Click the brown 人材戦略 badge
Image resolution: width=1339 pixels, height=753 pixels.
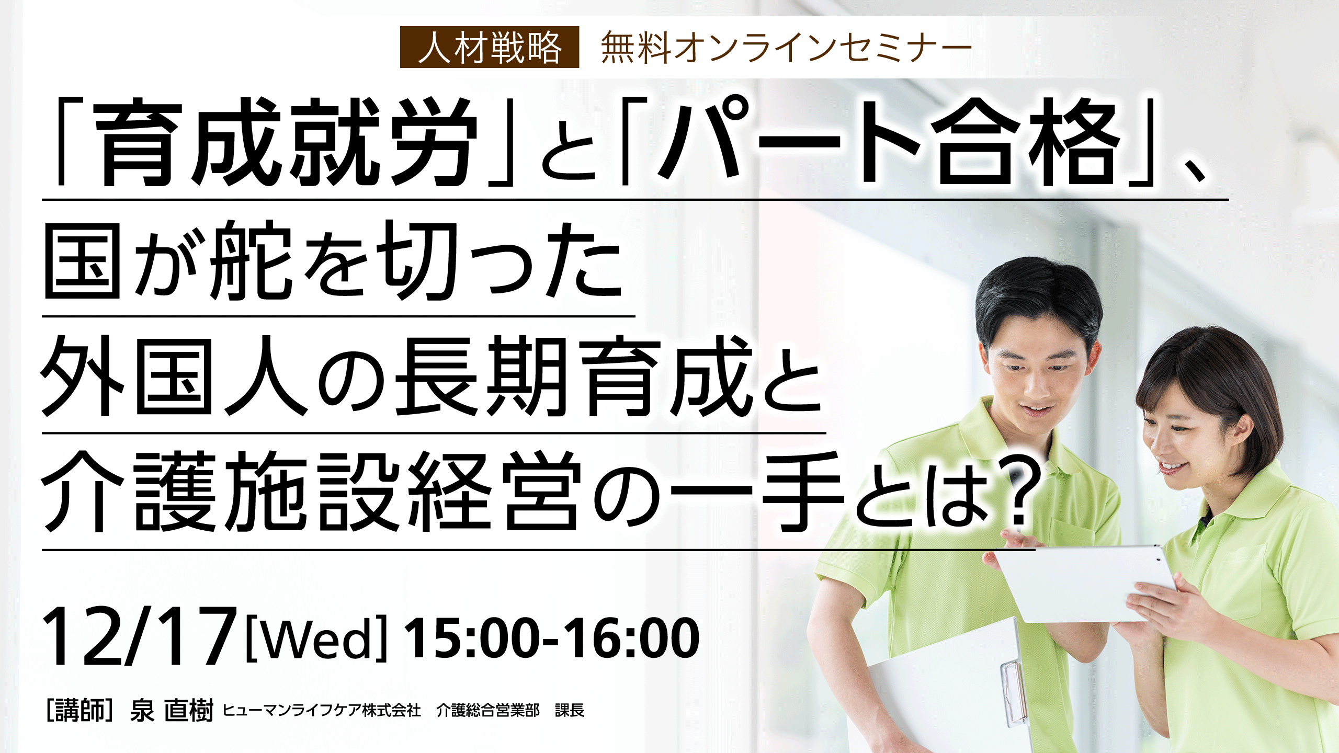click(490, 47)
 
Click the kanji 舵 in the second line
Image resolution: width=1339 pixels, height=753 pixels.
click(250, 260)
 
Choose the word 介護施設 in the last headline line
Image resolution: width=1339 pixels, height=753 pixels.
click(220, 492)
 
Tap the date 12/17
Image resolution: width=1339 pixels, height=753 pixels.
click(139, 637)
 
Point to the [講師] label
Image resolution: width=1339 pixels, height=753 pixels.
click(80, 710)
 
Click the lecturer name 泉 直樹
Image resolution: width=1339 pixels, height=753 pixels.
click(172, 710)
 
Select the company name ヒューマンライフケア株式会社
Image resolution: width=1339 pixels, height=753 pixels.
click(322, 710)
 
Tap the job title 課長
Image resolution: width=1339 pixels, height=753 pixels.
click(570, 710)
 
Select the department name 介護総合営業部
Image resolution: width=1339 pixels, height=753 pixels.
click(488, 710)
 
